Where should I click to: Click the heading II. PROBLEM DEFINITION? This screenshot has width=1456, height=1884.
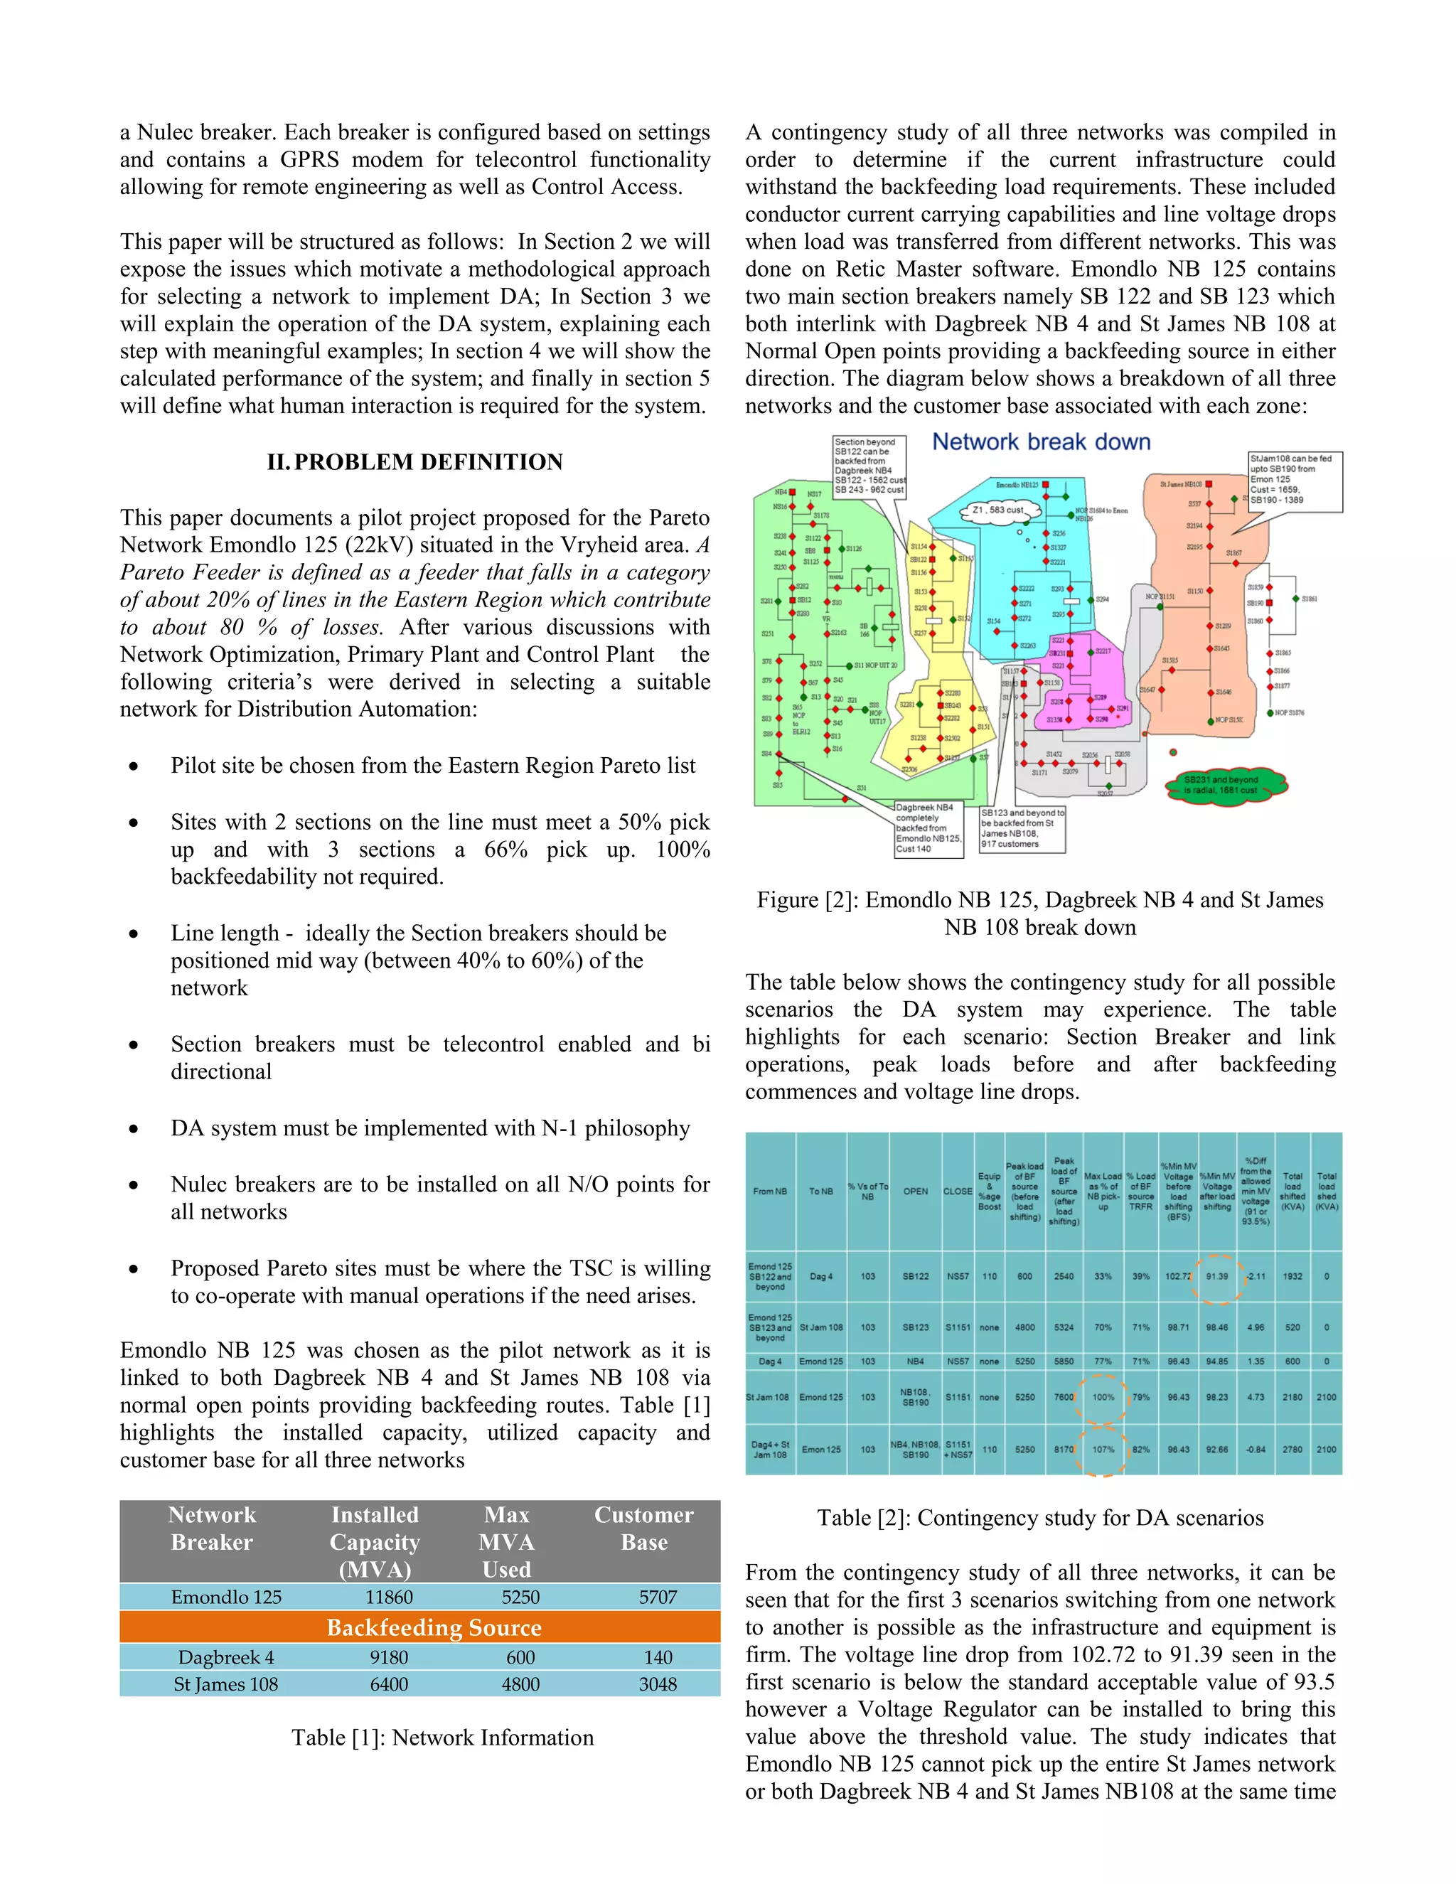(x=415, y=462)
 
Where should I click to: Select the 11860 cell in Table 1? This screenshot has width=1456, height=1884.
(x=389, y=1597)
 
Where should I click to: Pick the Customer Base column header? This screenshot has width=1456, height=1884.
(x=643, y=1528)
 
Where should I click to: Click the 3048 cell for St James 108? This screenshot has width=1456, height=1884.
(x=658, y=1684)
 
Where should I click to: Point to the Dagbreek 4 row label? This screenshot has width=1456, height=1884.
(x=226, y=1657)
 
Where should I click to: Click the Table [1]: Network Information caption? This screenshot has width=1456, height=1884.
(x=442, y=1738)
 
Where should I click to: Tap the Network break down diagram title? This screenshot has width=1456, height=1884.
(x=1041, y=441)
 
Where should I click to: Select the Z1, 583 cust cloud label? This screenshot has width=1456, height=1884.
(x=997, y=510)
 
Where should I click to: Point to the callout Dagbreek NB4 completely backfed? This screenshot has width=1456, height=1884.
(x=928, y=828)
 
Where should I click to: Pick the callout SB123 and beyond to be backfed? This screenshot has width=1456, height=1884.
(x=1022, y=828)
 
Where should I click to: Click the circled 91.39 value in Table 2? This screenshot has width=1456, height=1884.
(x=1217, y=1276)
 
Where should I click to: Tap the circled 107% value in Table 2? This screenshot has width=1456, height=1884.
(x=1103, y=1449)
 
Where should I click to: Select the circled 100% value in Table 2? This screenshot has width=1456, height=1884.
(x=1103, y=1396)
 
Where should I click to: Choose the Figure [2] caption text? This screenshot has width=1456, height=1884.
(x=1040, y=913)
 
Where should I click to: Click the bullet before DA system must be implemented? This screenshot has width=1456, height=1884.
(x=133, y=1129)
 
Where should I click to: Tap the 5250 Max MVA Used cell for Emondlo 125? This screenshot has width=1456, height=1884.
(x=520, y=1597)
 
